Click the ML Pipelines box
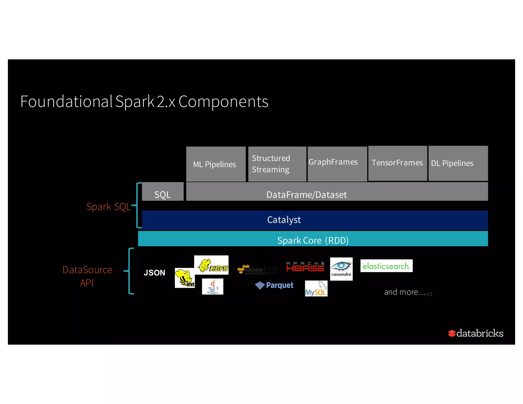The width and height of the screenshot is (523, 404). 216,164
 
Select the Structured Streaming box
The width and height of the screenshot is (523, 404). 277,164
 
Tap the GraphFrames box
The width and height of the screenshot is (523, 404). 337,164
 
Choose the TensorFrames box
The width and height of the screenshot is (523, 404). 397,163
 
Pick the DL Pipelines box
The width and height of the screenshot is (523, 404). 458,163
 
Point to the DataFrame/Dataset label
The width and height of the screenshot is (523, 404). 306,195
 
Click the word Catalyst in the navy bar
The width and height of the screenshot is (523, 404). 284,220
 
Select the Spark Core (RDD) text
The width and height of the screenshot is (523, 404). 313,240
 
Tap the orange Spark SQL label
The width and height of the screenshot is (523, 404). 108,206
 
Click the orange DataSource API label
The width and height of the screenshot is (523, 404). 87,276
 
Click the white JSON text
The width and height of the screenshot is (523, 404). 154,273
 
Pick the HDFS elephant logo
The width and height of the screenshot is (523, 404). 211,265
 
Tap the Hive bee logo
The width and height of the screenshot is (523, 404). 185,278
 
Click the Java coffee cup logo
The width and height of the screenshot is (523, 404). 212,287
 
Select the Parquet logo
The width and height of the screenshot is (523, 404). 274,285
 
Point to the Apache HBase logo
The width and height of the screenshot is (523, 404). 305,267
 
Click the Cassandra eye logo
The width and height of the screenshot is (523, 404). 341,269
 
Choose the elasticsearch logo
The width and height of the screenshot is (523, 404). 386,266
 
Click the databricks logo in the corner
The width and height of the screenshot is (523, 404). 476,333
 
